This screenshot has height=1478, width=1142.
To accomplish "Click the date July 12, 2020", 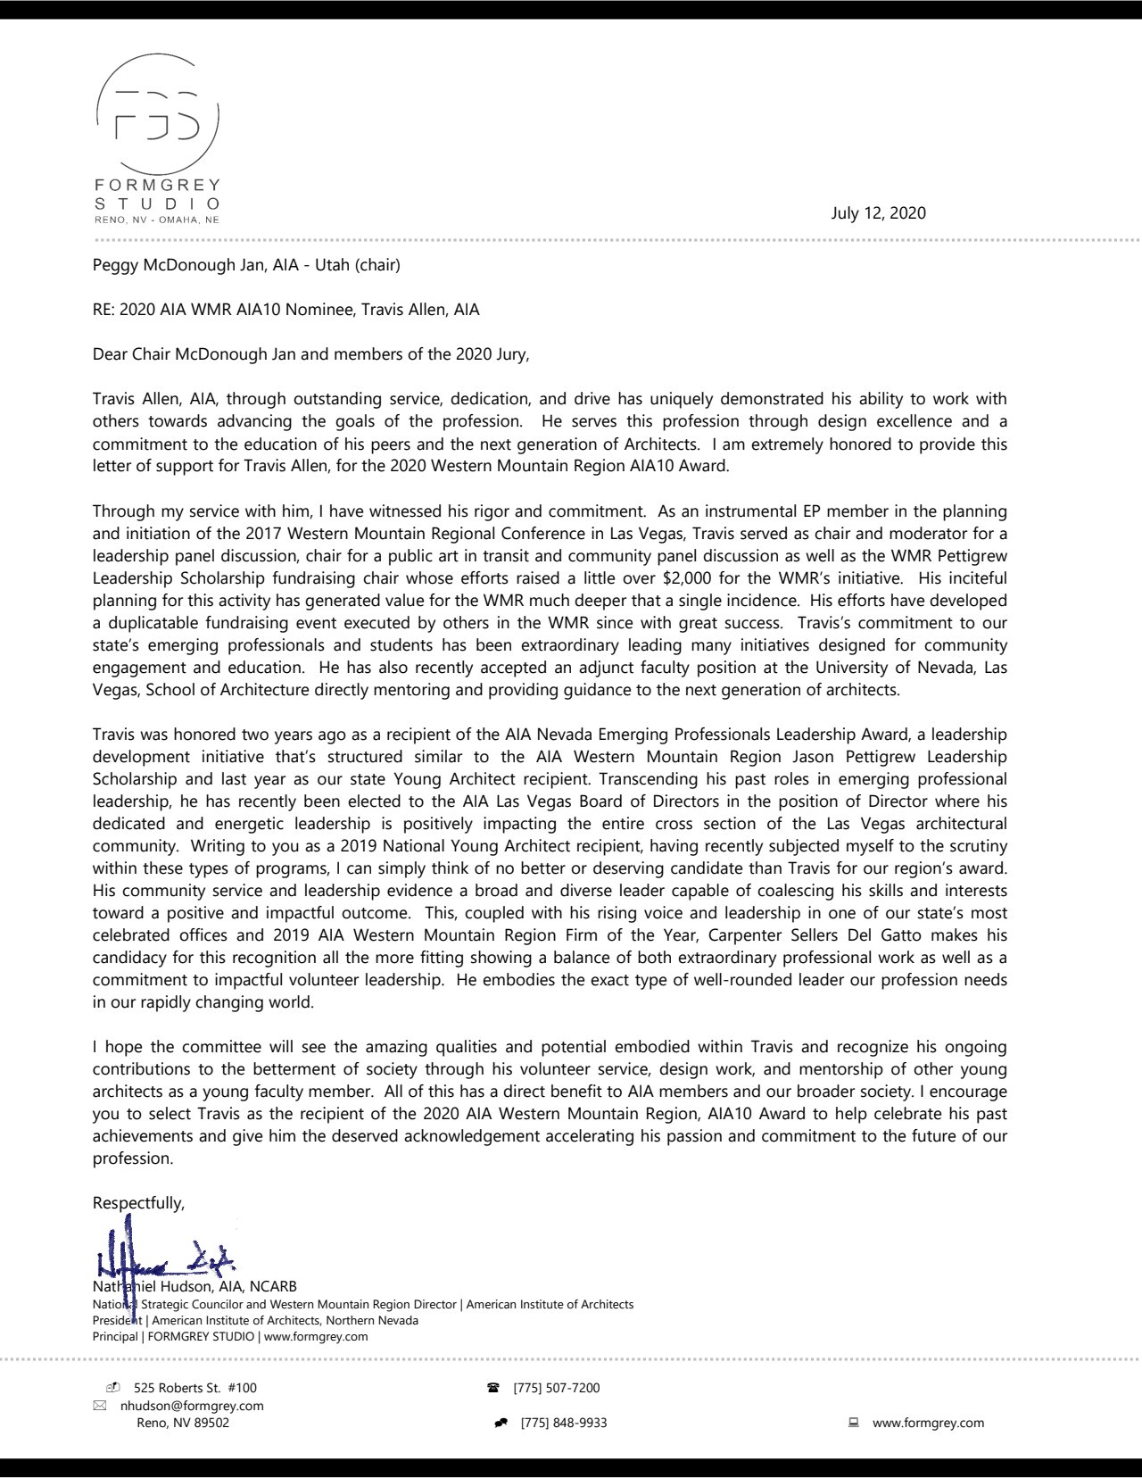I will pos(878,212).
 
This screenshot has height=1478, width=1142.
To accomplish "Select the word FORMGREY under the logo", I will pos(157,185).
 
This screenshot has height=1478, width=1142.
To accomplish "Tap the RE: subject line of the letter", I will pos(285,310).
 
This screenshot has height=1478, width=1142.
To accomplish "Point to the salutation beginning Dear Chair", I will pos(310,354).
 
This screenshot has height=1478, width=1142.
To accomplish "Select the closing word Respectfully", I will pos(138,1202).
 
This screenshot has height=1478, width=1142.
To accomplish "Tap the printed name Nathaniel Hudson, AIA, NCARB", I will pos(194,1286).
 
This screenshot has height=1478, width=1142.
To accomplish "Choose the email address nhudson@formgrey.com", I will pos(192,1405).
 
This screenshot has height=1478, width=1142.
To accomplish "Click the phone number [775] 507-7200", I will pos(556,1387).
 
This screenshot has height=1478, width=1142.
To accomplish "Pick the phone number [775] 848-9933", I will pos(563,1423).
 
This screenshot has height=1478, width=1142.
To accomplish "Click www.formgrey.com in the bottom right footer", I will pos(928,1423).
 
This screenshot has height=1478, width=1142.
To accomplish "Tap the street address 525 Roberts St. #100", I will pos(194,1387).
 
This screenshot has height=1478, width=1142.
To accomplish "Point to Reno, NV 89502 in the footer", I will pos(182,1423).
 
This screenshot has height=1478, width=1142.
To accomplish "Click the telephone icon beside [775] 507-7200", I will pos(492,1387).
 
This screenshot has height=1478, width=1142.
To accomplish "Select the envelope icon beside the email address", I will pos(100,1405).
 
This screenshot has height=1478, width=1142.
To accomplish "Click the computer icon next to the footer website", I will pos(854,1423).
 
